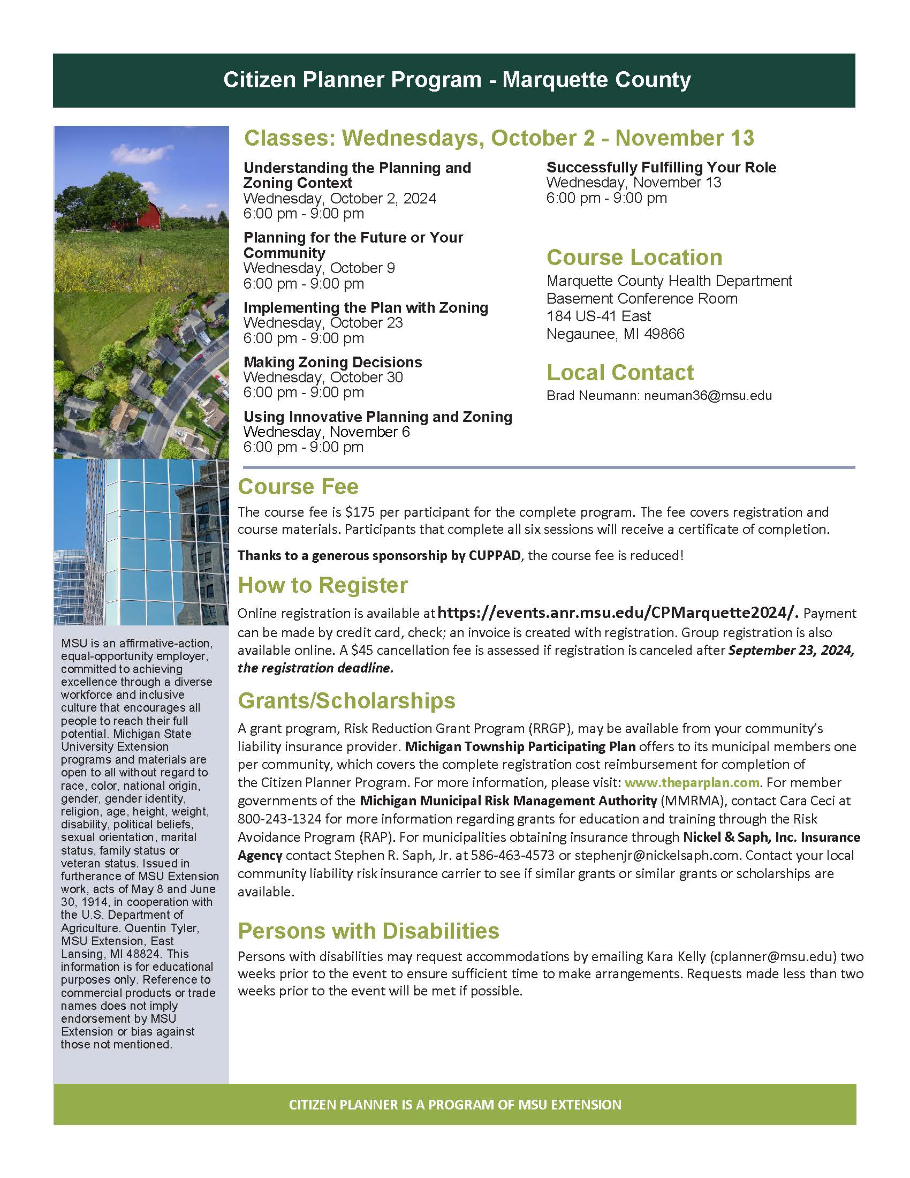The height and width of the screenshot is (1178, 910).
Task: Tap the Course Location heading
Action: (x=634, y=257)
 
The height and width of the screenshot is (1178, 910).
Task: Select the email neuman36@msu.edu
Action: (x=708, y=395)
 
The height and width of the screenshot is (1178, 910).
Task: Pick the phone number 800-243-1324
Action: (x=279, y=819)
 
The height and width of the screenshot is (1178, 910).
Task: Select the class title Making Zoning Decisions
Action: (x=332, y=362)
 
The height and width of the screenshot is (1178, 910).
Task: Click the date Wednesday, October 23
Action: (x=323, y=323)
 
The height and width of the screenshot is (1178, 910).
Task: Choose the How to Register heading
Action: (x=322, y=585)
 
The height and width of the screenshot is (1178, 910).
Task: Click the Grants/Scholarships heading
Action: (x=346, y=700)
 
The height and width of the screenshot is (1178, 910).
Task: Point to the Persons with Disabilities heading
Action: (x=368, y=931)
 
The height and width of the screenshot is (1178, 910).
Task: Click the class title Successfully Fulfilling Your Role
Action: (x=661, y=167)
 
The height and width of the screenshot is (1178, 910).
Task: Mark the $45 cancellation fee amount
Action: (x=359, y=650)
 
